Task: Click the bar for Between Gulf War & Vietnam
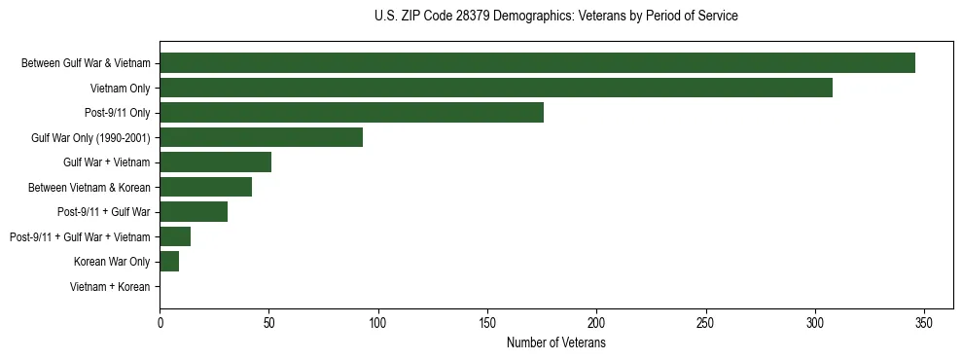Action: click(537, 63)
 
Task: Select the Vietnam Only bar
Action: click(496, 88)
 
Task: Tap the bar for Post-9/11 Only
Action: click(351, 113)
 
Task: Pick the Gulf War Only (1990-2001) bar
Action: click(261, 137)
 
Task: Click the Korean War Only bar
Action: click(169, 262)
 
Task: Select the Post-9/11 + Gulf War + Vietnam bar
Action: click(175, 236)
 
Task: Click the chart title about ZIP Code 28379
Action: click(555, 17)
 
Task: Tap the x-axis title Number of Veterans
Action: click(555, 343)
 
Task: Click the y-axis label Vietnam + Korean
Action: click(110, 287)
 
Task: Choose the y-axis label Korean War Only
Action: click(112, 262)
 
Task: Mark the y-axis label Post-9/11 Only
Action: click(118, 113)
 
